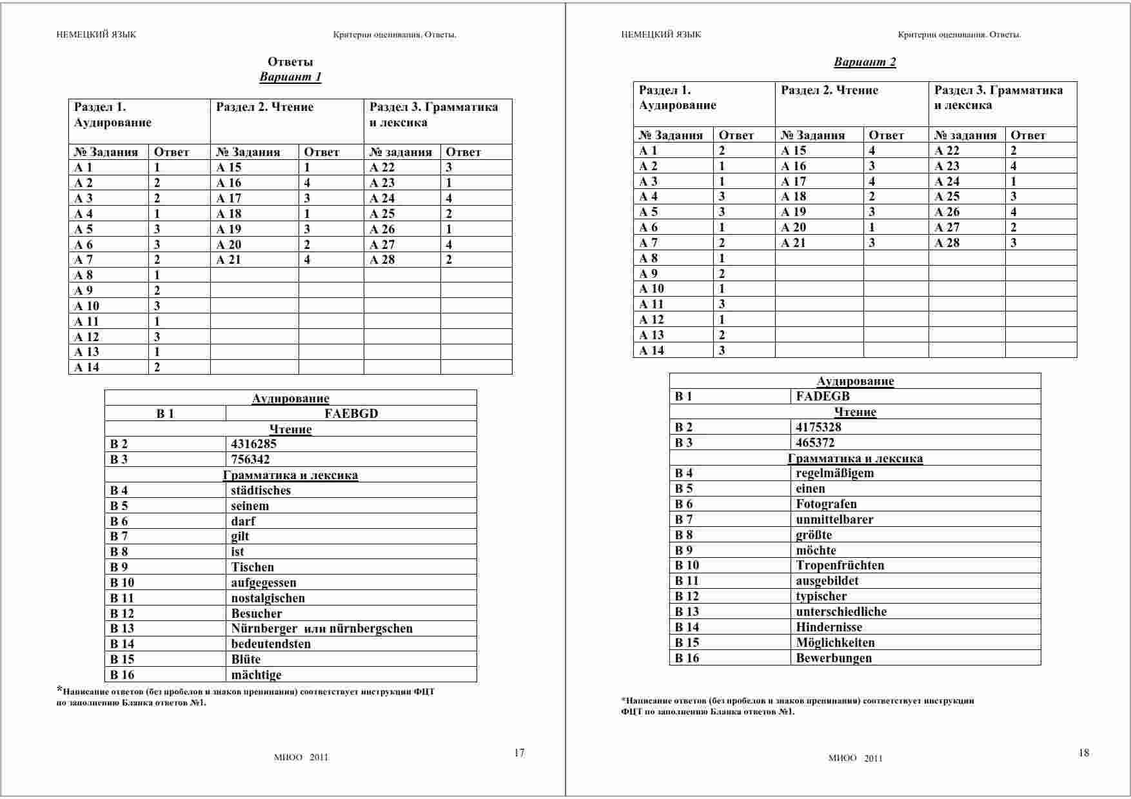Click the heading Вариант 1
tap(290, 77)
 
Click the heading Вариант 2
tap(865, 63)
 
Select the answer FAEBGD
tap(351, 414)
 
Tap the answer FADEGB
tap(823, 397)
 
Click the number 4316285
tap(253, 444)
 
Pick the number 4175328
tap(818, 428)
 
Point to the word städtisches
tap(261, 491)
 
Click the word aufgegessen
tap(264, 583)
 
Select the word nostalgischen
tap(268, 598)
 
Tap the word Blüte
tap(246, 660)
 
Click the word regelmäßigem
tap(834, 473)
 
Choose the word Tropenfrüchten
tap(840, 566)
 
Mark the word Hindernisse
tap(829, 627)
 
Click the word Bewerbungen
tap(833, 658)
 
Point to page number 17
tap(519, 753)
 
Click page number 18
tap(1083, 753)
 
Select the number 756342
tap(250, 460)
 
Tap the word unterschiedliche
tap(841, 612)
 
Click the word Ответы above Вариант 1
tap(290, 62)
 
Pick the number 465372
tap(815, 443)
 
